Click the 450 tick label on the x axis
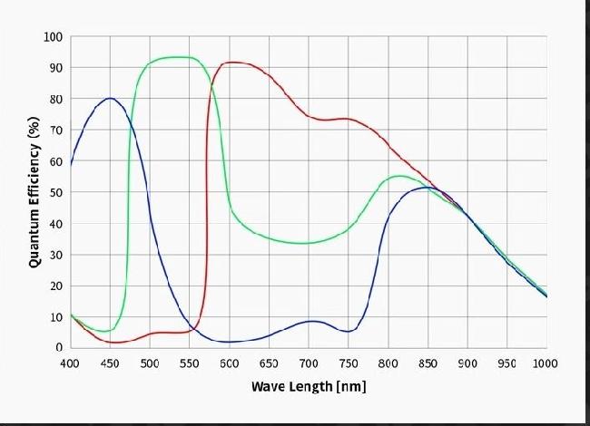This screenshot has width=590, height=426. click(x=109, y=363)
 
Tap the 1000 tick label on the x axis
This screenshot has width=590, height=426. click(x=546, y=363)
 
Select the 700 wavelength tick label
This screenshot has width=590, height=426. click(x=308, y=363)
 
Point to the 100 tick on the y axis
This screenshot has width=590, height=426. click(x=53, y=37)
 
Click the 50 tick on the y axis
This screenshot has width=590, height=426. click(x=55, y=192)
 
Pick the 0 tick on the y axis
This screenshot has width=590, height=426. click(x=59, y=347)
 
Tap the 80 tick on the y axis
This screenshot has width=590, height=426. click(x=55, y=99)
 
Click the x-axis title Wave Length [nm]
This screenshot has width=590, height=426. click(x=309, y=386)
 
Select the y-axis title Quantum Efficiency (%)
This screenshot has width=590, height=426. click(x=34, y=192)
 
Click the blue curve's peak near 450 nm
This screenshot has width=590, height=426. click(x=110, y=98)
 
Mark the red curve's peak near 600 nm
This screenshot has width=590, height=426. click(x=232, y=63)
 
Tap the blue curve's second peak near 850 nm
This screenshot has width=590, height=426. click(x=427, y=188)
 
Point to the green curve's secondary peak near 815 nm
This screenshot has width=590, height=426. click(x=400, y=176)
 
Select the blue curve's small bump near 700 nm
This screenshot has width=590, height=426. click(x=311, y=321)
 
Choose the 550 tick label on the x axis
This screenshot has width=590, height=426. click(x=189, y=363)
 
